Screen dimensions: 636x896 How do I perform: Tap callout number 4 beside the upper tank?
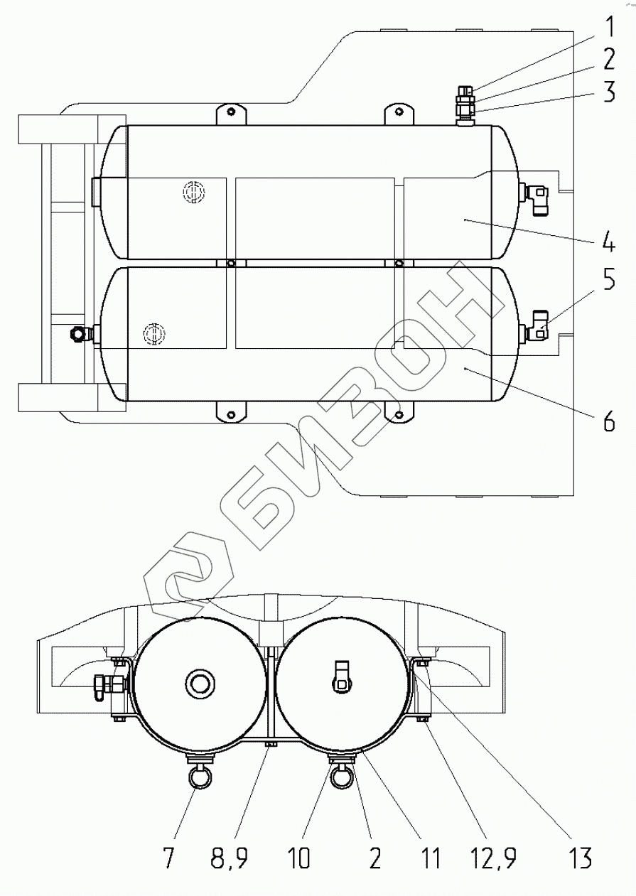[608, 242]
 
